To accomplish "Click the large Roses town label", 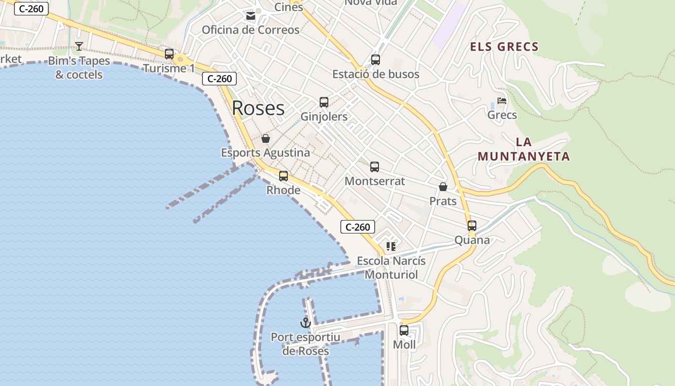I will pos(258,108).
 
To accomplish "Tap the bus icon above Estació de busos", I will pos(376,60).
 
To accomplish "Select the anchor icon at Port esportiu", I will pos(305,322).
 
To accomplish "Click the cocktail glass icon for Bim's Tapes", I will pos(79,46).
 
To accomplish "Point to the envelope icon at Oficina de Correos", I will pos(251,16).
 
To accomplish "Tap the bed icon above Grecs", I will pos(502,101).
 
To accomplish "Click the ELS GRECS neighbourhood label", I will pos(504,47).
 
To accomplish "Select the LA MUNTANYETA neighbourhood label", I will pos(524,149).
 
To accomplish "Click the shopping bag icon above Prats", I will pos(443,187).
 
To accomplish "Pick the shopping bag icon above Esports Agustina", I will pos(266,139).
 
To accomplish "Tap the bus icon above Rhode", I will pos(283,176).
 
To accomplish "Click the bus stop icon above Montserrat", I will pos(375,167).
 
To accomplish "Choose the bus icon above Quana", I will pos(472,226).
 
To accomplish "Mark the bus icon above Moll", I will pos(404,331).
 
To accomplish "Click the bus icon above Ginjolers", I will pos(324,102).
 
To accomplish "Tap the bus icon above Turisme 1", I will pos(169,54).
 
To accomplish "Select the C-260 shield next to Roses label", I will pos(219,79).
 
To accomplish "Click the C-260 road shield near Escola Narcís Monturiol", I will pos(358,227).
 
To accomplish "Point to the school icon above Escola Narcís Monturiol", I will pos(391,247).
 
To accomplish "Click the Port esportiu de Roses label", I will pos(306,344).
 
